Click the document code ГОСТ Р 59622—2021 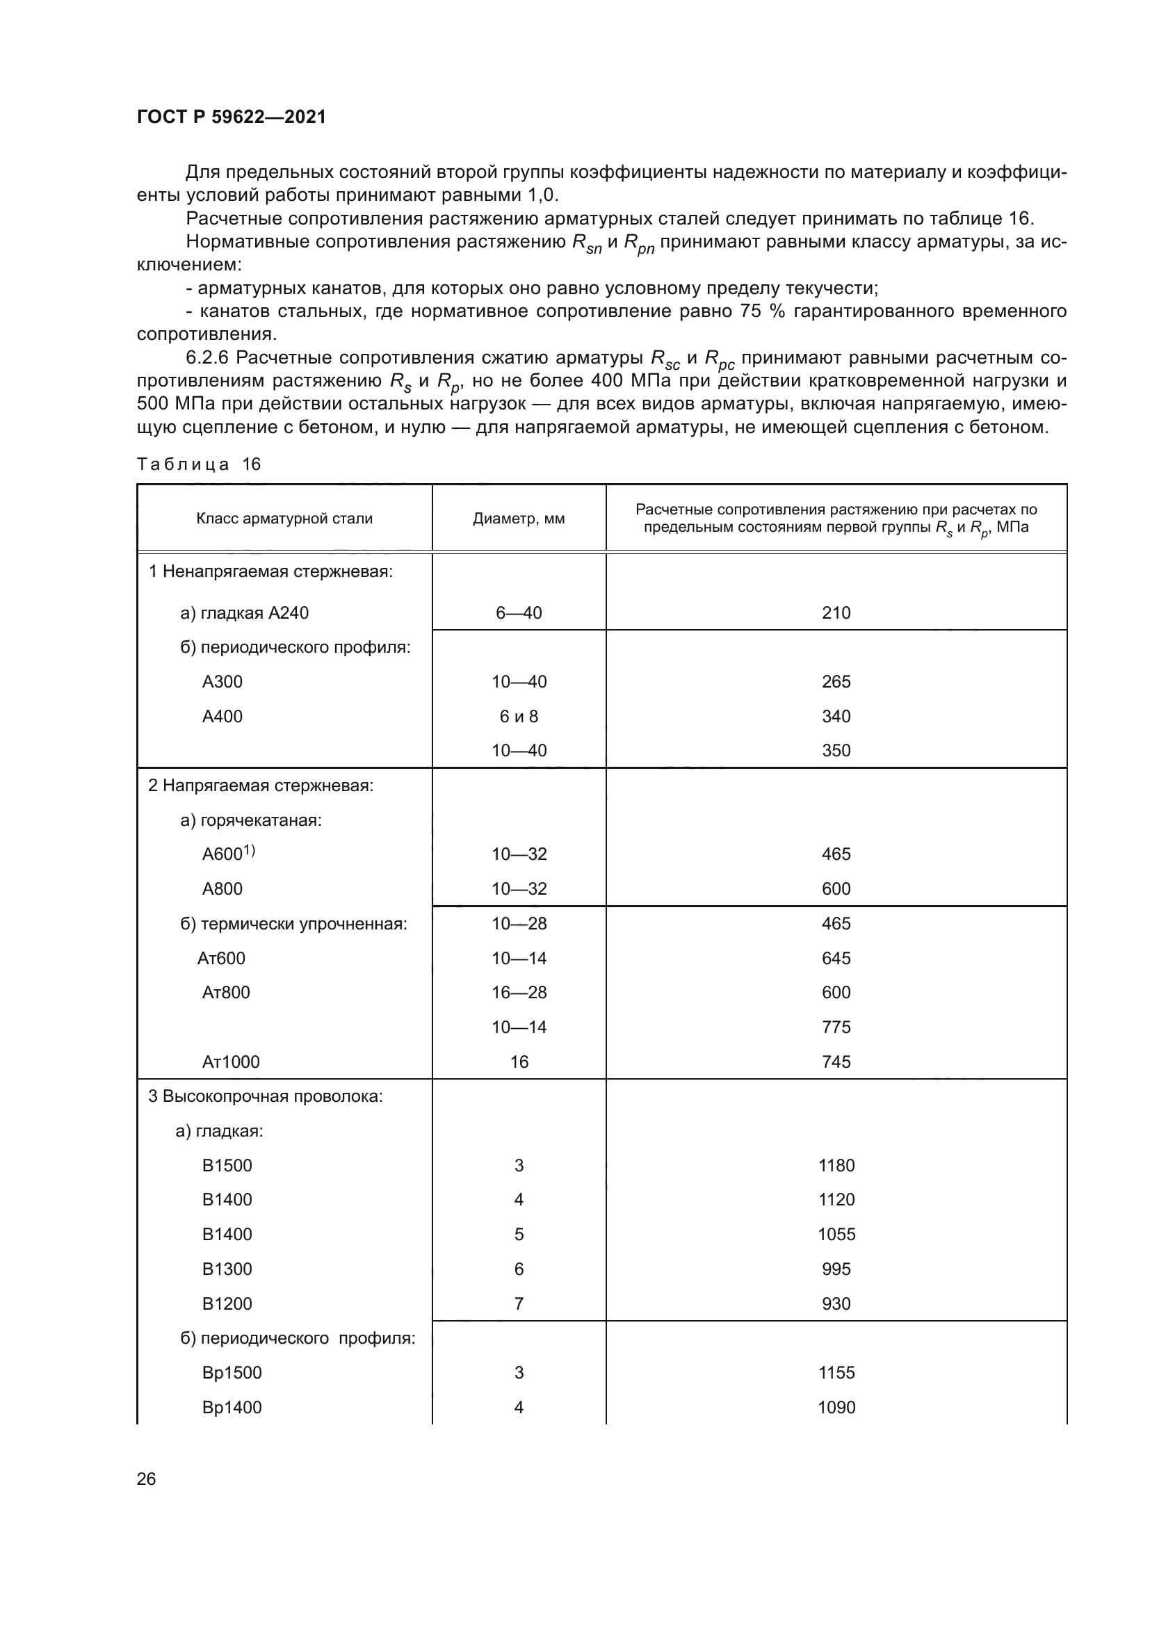(x=231, y=117)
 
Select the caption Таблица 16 (x=199, y=464)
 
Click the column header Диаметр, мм (x=519, y=519)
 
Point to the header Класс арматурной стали (x=284, y=519)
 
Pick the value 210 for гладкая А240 (x=836, y=612)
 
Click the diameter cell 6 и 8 (x=519, y=716)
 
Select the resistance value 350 (x=836, y=751)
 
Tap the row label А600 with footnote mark (x=227, y=854)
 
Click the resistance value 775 (x=836, y=1027)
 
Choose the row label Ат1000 (x=231, y=1062)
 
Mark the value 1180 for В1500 (x=836, y=1165)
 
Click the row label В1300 (x=227, y=1269)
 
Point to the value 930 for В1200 (x=836, y=1303)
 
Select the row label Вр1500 (x=232, y=1372)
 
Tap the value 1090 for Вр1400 (x=836, y=1407)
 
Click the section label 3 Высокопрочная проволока (x=265, y=1096)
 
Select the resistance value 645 (x=836, y=958)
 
